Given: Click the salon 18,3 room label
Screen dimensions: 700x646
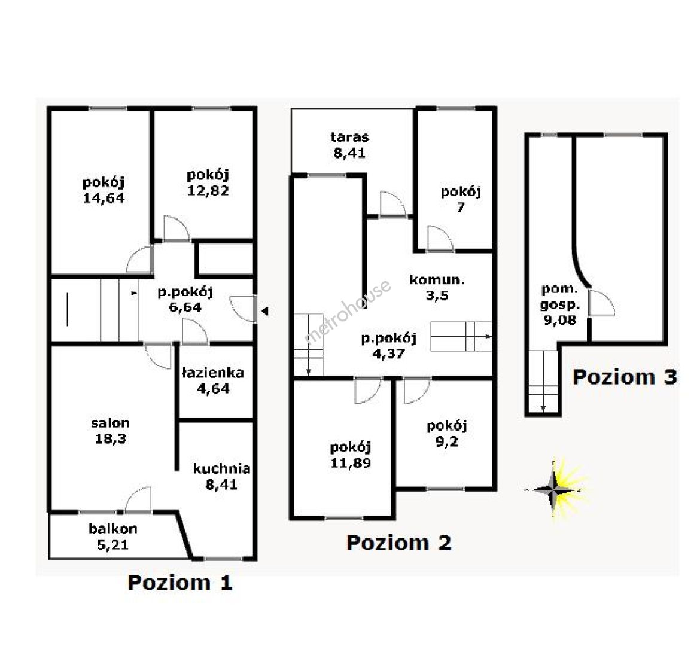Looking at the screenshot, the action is pyautogui.click(x=110, y=431).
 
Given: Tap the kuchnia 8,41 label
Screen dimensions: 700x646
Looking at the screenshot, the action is pyautogui.click(x=221, y=476).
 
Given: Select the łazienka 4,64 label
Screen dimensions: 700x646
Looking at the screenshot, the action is pyautogui.click(x=213, y=381).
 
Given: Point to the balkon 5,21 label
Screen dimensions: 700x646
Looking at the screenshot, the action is pyautogui.click(x=113, y=537).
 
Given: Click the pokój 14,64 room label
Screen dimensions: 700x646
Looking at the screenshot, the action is pyautogui.click(x=104, y=190).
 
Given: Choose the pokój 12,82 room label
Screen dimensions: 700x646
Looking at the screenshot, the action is pyautogui.click(x=208, y=182).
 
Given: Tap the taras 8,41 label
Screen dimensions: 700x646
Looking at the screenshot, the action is pyautogui.click(x=350, y=145).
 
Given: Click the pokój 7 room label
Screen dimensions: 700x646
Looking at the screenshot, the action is pyautogui.click(x=461, y=200).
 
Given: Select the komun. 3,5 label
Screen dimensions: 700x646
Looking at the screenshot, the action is pyautogui.click(x=437, y=288).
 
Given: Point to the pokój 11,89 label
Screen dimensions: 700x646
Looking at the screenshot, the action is pyautogui.click(x=351, y=455).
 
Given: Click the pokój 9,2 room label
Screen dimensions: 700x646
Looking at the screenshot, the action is pyautogui.click(x=447, y=434).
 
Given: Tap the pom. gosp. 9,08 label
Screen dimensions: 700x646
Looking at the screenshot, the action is pyautogui.click(x=560, y=304).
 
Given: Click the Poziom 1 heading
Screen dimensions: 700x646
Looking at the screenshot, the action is pyautogui.click(x=180, y=583).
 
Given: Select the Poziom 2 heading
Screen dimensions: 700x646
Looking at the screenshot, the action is pyautogui.click(x=399, y=543).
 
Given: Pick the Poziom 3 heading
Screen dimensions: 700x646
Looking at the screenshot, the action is pyautogui.click(x=625, y=377).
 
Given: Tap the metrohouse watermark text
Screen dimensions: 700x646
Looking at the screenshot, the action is pyautogui.click(x=348, y=311).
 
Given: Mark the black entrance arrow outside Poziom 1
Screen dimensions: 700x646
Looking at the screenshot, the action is pyautogui.click(x=265, y=311).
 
